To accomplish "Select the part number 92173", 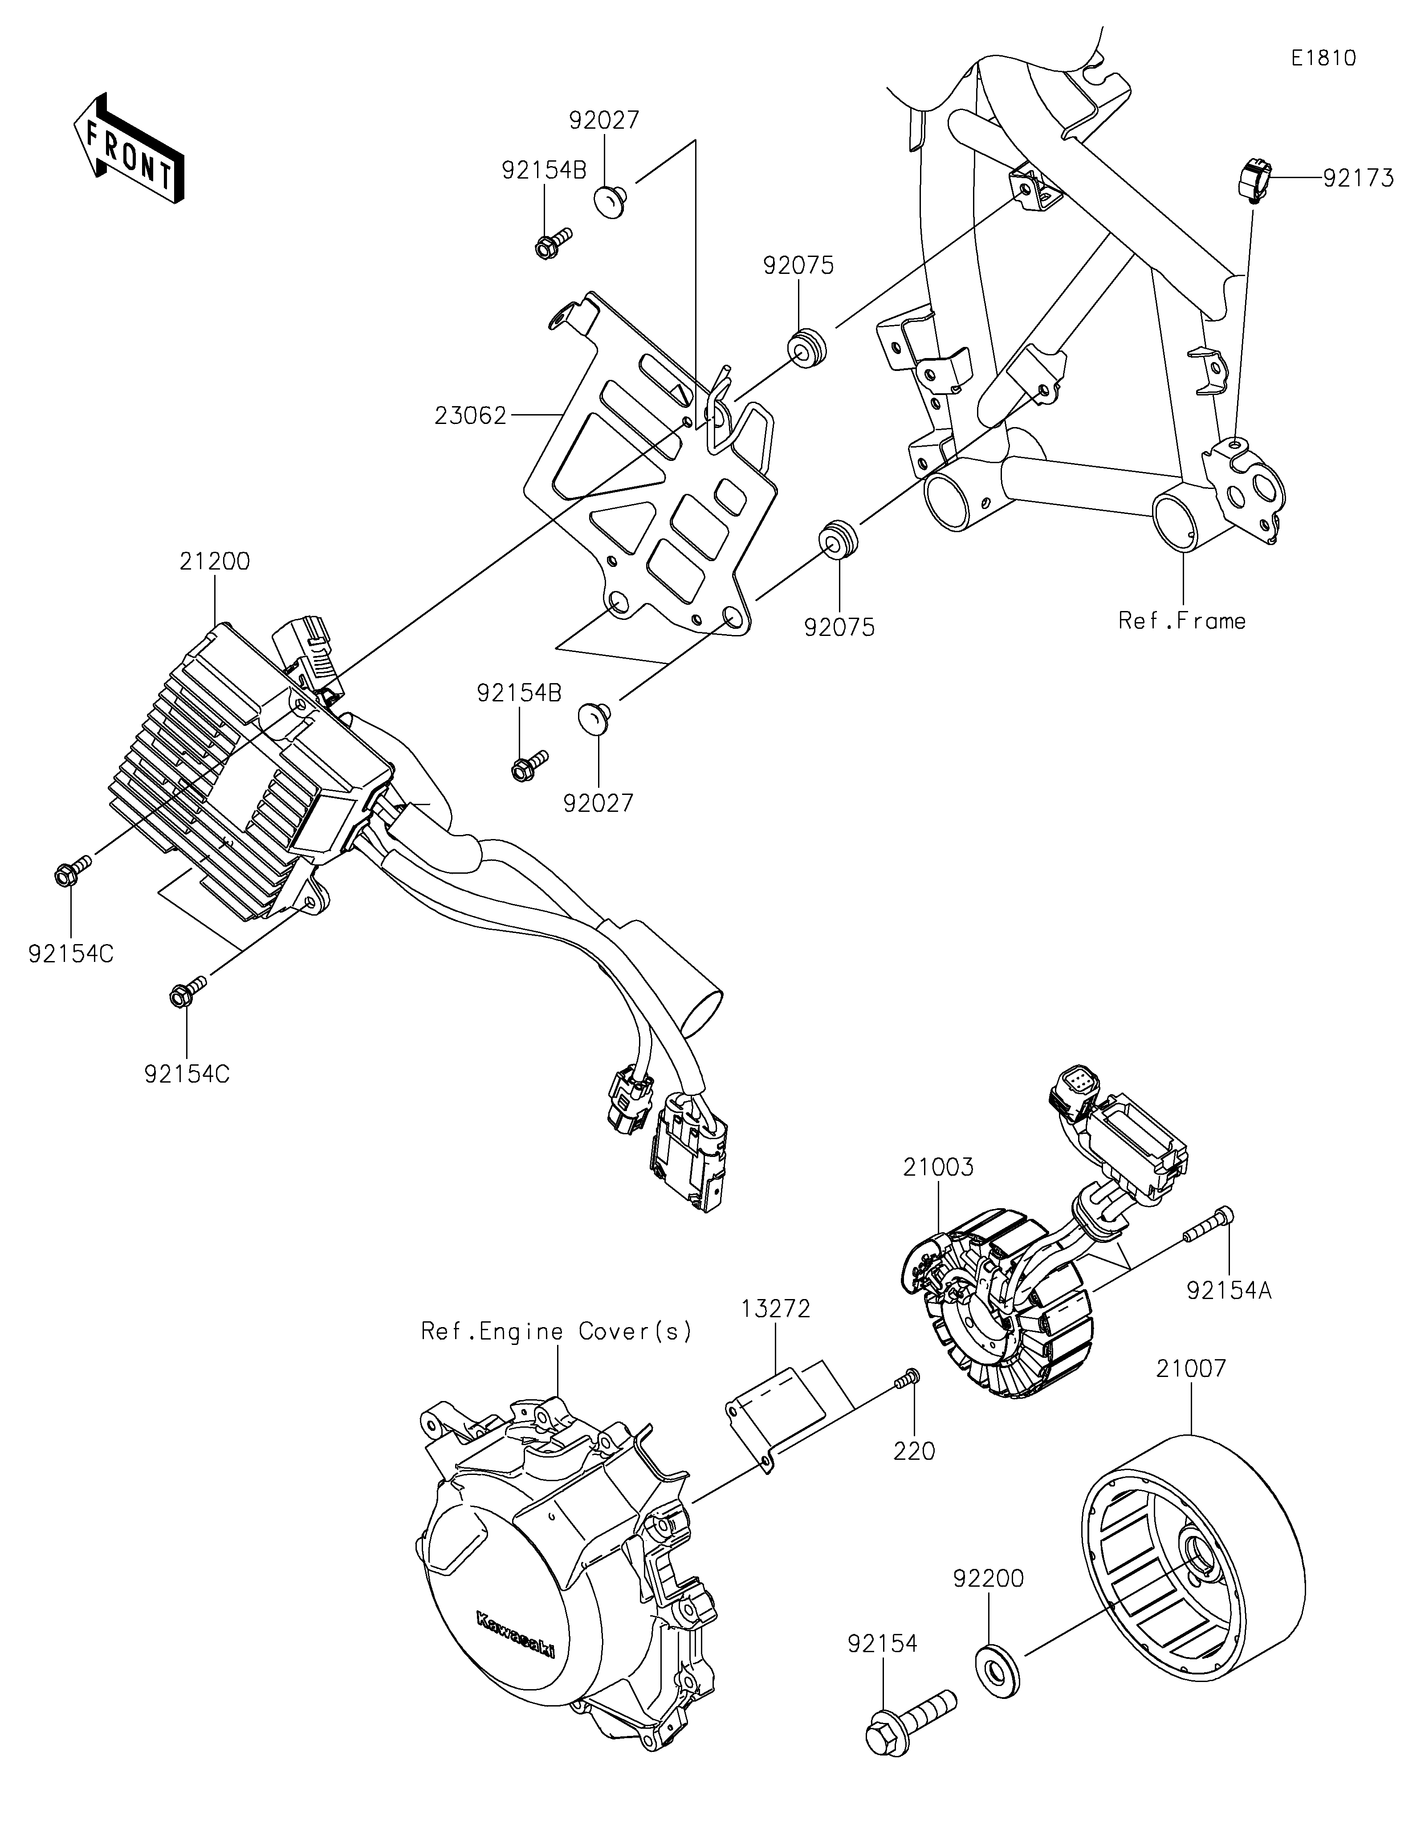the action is click(1359, 179).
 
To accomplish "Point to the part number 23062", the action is click(470, 415).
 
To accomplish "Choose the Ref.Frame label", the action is click(1181, 621).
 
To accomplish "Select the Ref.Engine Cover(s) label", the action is click(557, 1332).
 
